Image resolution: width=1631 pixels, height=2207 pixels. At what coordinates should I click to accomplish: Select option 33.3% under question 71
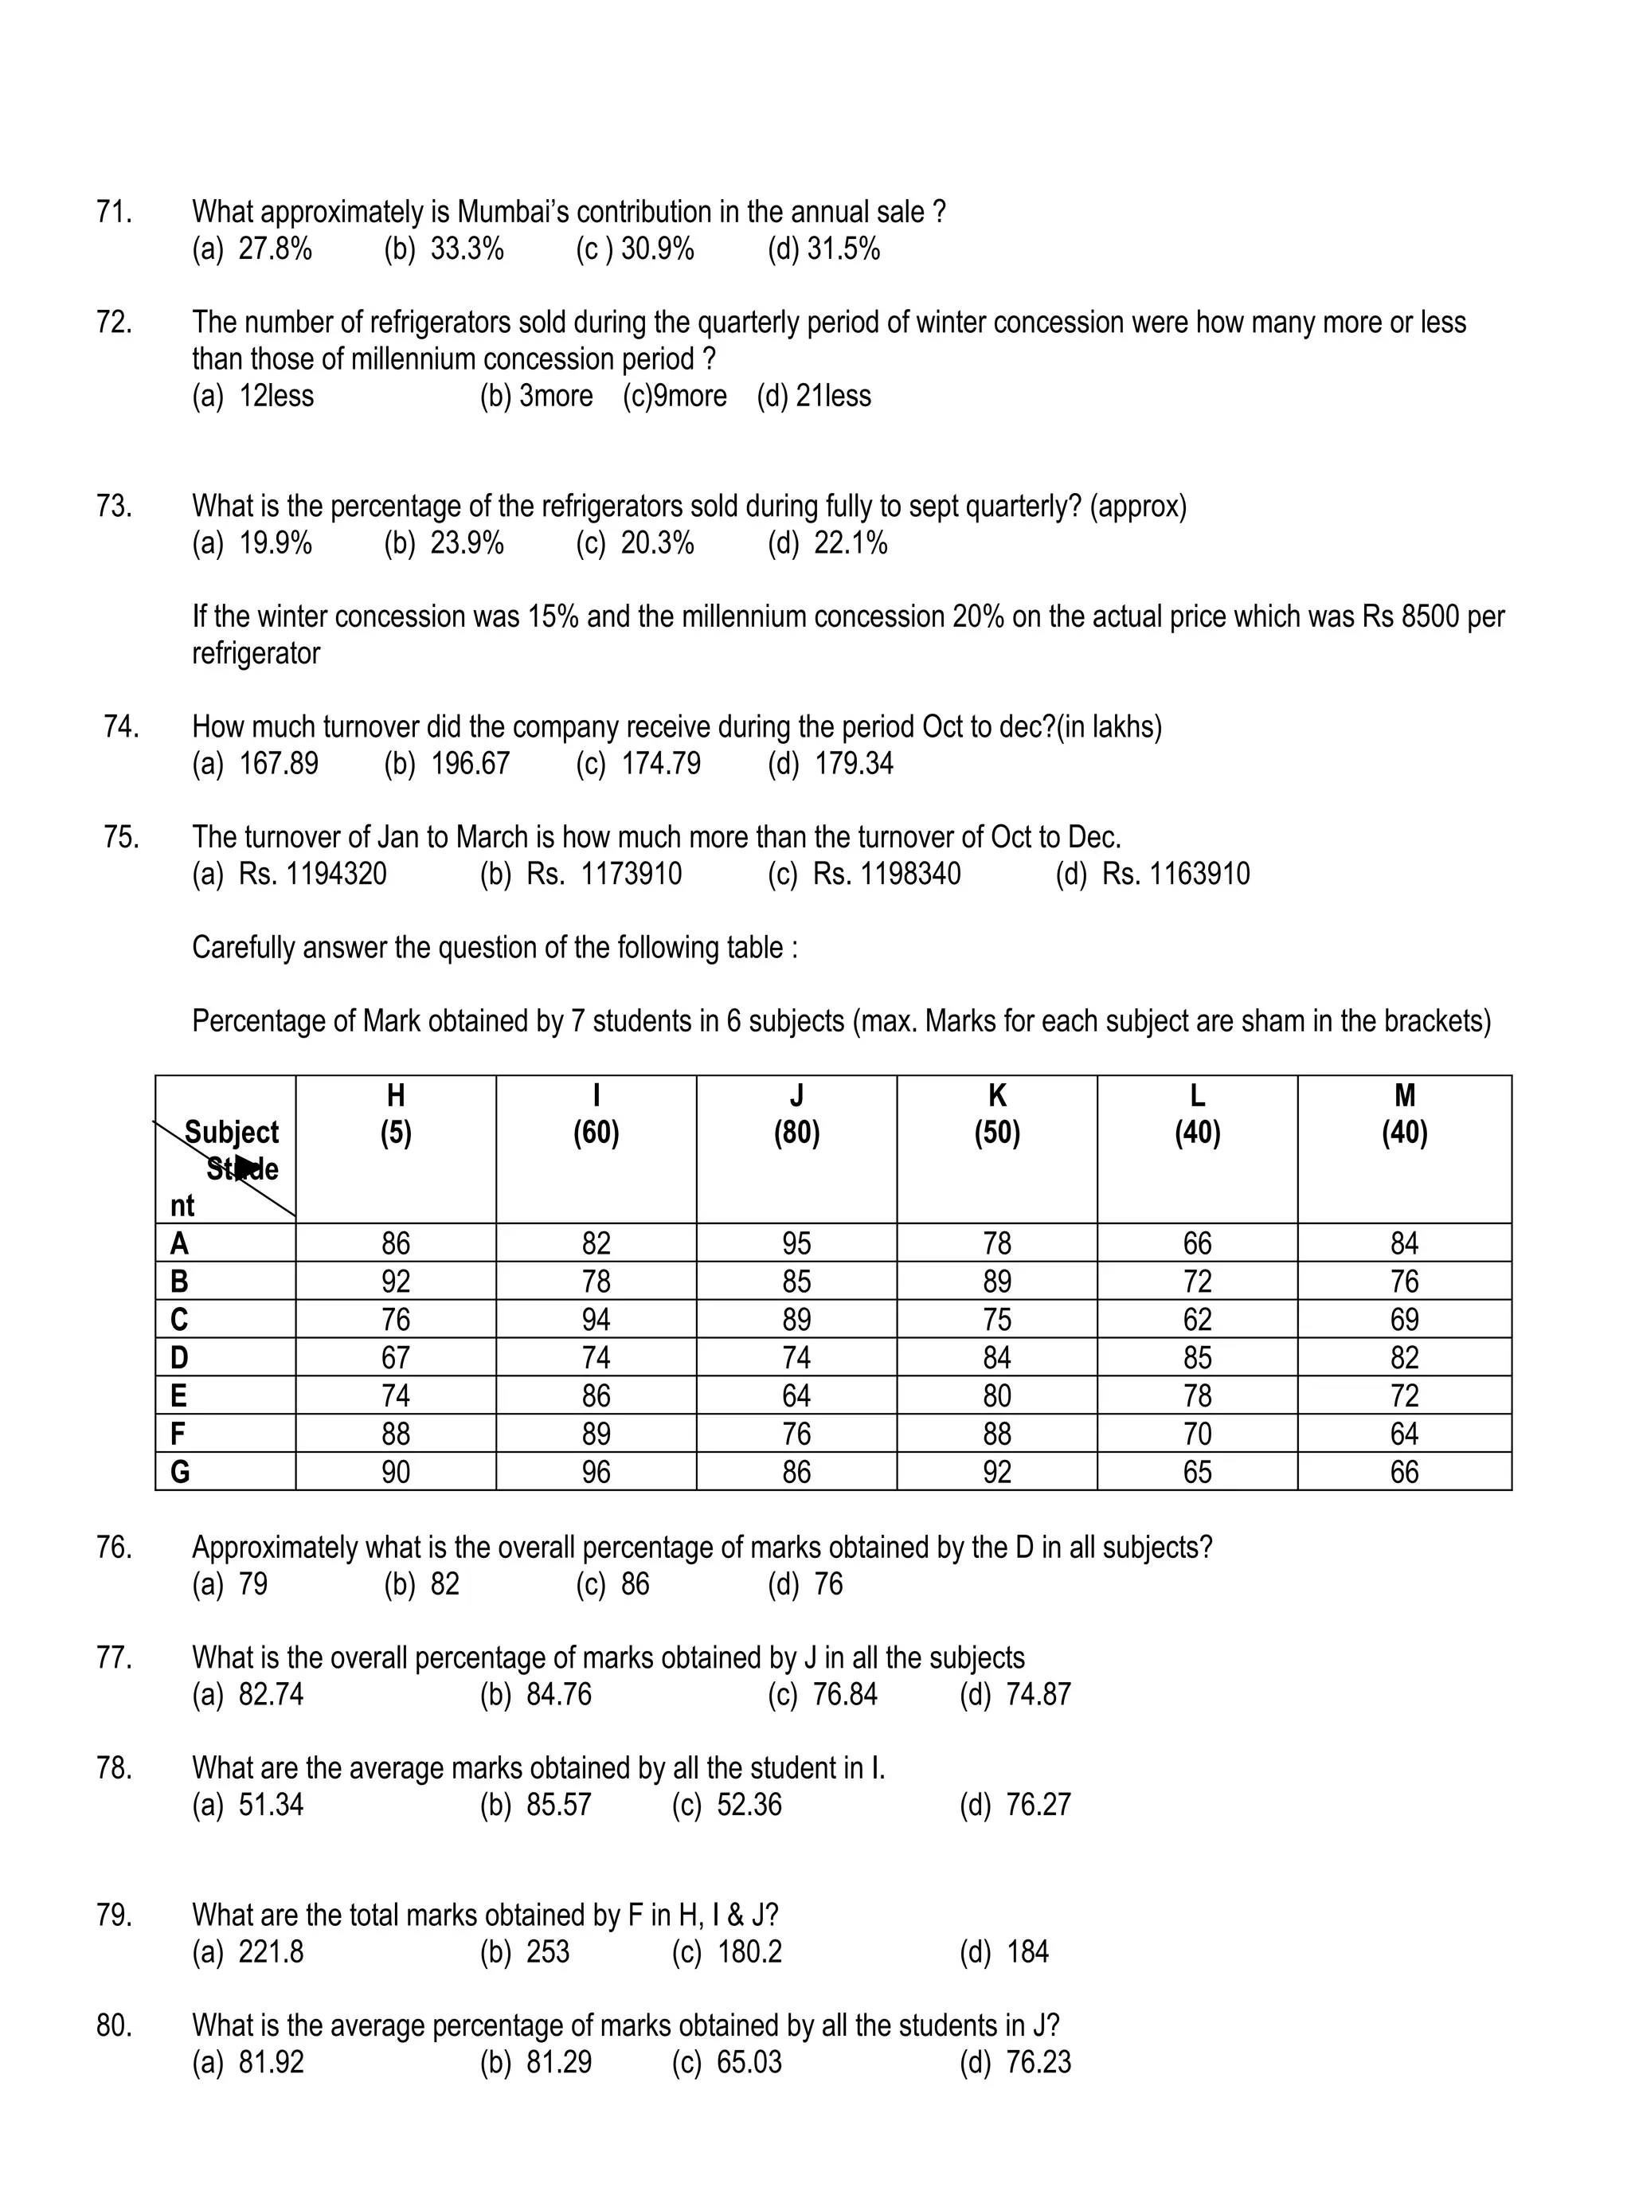pos(466,248)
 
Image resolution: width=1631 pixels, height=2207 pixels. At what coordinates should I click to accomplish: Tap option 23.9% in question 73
pos(466,543)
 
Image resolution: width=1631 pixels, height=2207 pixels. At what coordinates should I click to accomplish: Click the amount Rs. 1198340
pos(886,874)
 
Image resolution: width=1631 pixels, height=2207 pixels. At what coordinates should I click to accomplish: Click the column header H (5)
pos(396,1114)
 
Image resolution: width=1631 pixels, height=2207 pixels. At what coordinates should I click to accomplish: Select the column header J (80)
pos(796,1114)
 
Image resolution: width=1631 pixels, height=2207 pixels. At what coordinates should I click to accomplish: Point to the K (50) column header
pos(996,1114)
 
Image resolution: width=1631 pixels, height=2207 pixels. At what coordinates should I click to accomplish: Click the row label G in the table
pos(180,1473)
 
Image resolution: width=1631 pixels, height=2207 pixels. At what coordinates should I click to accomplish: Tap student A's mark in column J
pos(796,1243)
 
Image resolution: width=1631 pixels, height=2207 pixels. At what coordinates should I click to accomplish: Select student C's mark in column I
pos(596,1319)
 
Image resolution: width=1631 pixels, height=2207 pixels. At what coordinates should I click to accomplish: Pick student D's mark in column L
pos(1197,1358)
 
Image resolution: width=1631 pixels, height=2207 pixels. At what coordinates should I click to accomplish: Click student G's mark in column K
pos(996,1473)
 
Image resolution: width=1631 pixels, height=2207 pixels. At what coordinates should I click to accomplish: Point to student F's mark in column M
pos(1403,1434)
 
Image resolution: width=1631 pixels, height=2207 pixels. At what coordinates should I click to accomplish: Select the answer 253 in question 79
pos(548,1952)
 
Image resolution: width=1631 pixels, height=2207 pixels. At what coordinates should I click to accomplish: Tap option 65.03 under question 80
pos(749,2063)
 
